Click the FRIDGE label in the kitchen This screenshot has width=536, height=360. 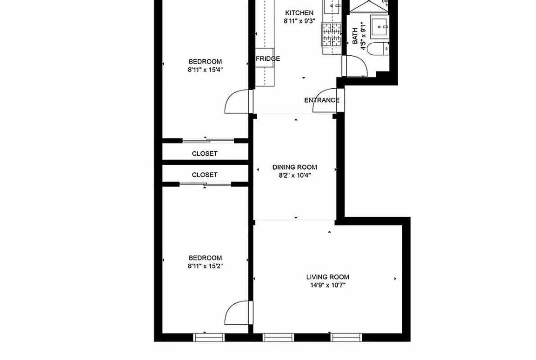[268, 58]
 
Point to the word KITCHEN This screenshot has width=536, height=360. [299, 13]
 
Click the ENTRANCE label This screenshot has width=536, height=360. [322, 100]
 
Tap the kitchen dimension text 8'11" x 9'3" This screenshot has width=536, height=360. [298, 21]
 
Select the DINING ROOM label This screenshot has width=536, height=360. [295, 167]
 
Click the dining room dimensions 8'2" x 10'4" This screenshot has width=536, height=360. [295, 175]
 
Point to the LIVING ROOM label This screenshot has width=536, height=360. [327, 277]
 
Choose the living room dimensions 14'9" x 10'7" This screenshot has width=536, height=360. [327, 285]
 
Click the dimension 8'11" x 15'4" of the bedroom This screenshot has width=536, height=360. [205, 69]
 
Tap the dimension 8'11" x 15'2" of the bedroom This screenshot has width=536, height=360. [205, 265]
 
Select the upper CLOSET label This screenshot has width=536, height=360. [204, 153]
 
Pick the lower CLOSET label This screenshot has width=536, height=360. [204, 175]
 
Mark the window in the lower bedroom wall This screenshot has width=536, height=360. [209, 337]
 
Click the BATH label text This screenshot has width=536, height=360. [355, 36]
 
